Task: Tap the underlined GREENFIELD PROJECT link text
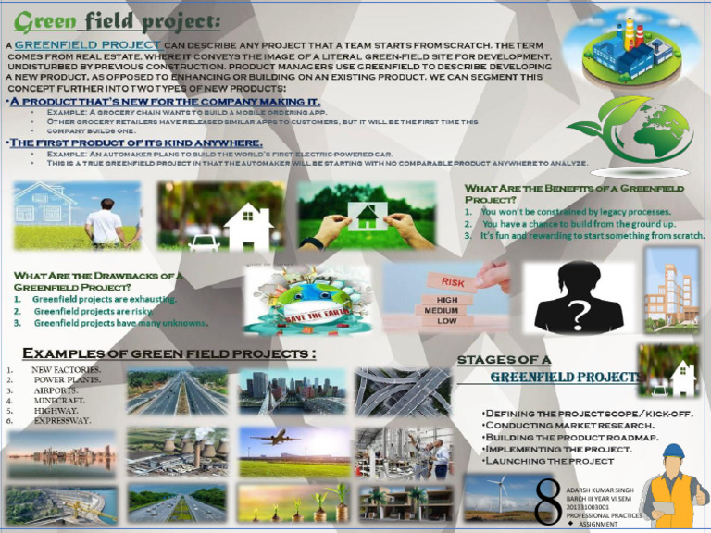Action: pos(88,44)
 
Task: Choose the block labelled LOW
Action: pos(447,321)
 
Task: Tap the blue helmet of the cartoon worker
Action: pos(673,452)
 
